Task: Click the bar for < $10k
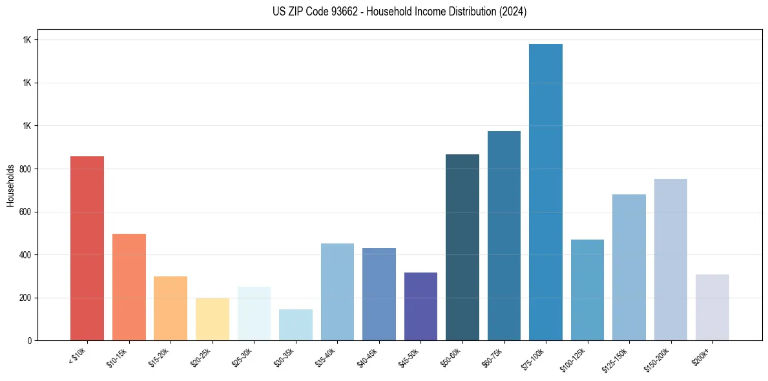[x=87, y=249]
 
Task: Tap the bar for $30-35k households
[x=296, y=325]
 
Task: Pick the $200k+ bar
[x=712, y=307]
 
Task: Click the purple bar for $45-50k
[x=420, y=307]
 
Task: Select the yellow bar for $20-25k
[x=213, y=319]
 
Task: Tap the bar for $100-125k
[x=587, y=290]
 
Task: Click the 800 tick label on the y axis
[x=25, y=169]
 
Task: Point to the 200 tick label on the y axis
[x=25, y=298]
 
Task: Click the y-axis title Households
[x=10, y=185]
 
